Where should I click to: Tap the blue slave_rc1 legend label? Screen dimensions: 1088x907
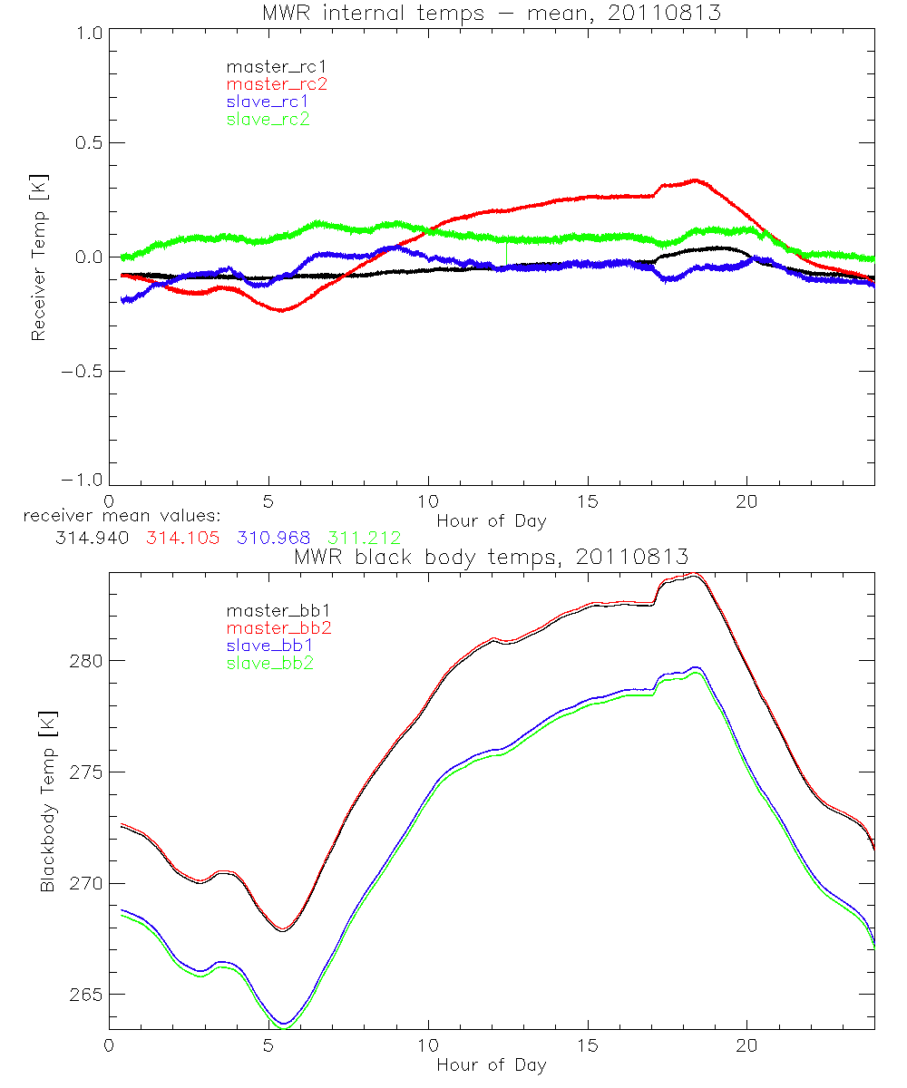268,101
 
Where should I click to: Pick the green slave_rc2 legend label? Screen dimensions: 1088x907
268,118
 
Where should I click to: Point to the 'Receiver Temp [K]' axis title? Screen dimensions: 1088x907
38,257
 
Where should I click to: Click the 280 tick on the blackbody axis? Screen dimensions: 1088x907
85,661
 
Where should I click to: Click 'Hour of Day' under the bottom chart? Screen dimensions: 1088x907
491,1064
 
